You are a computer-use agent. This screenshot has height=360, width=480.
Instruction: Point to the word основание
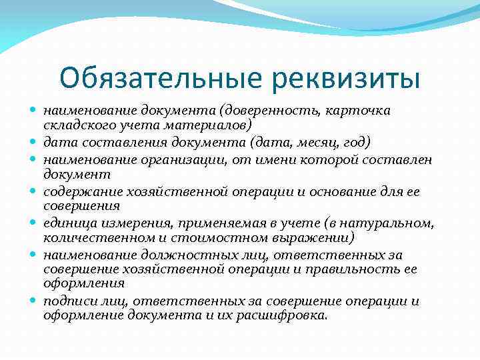(358, 192)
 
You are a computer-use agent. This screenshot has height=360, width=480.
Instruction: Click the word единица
(67, 223)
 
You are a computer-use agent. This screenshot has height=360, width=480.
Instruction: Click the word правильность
(363, 269)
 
